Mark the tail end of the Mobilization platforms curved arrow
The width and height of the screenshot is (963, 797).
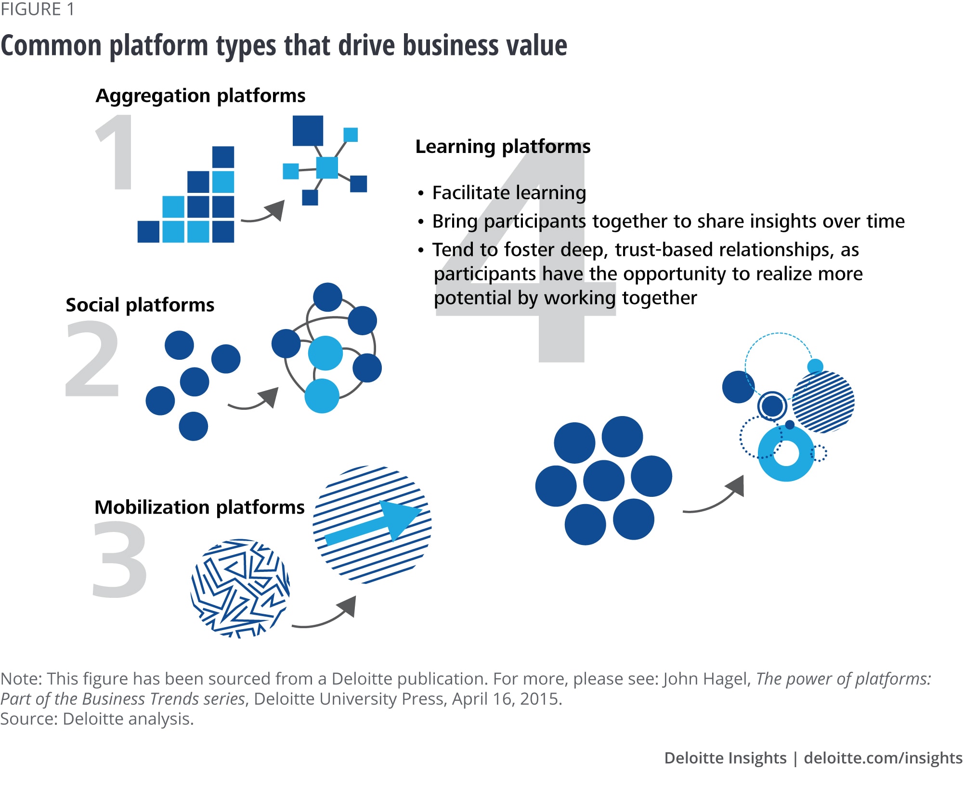pos(292,626)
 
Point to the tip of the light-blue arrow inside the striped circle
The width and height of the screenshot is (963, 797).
pos(422,510)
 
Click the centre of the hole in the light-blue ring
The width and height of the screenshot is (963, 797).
pos(786,453)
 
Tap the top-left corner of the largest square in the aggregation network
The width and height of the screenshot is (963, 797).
pos(293,115)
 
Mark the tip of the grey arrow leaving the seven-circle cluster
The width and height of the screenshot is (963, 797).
pos(743,476)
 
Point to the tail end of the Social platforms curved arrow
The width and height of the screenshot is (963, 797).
pos(228,405)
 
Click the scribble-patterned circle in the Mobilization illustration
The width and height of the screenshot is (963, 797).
pos(240,588)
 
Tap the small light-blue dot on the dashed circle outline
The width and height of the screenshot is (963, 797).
pos(815,367)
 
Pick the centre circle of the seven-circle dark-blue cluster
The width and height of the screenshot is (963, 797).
pos(604,481)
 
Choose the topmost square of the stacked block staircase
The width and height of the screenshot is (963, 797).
pos(223,157)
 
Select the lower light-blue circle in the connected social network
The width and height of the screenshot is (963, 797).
pos(322,395)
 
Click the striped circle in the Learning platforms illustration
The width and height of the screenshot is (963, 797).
pos(823,402)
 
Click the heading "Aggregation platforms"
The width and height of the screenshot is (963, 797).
pos(200,95)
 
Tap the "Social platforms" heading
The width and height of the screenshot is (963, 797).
pos(140,304)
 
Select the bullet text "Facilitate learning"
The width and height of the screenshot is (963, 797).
pos(509,192)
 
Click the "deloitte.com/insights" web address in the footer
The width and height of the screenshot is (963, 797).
pos(883,758)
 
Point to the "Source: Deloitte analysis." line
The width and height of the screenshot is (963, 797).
pos(97,719)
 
